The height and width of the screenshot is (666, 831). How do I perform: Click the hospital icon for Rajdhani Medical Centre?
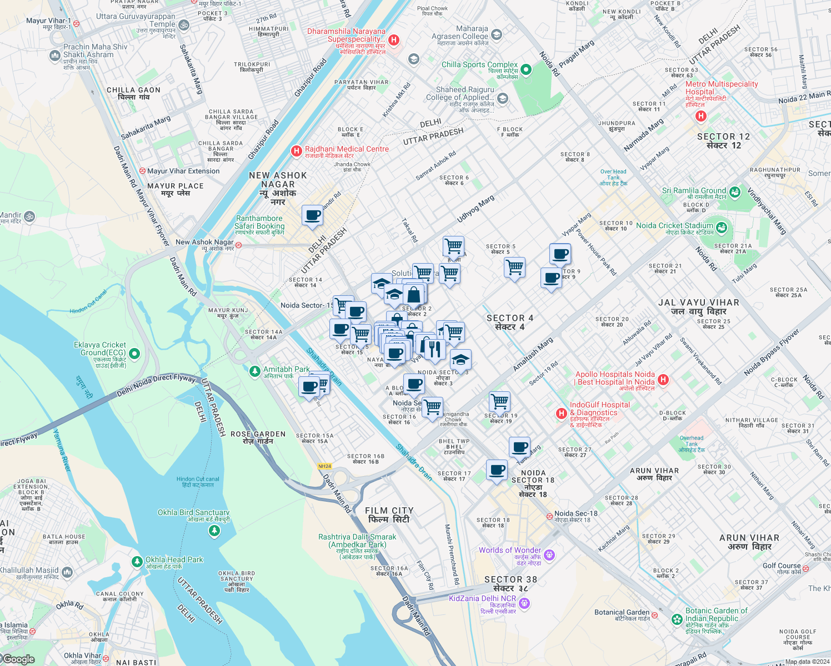[x=297, y=151]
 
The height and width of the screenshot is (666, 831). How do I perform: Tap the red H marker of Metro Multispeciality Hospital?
[x=701, y=116]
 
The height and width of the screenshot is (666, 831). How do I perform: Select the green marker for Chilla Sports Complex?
[x=525, y=70]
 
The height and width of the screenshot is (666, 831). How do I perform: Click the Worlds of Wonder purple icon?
[x=549, y=554]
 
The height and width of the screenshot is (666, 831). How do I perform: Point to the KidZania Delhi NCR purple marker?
[x=525, y=603]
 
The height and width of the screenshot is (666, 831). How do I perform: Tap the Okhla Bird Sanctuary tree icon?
[x=214, y=531]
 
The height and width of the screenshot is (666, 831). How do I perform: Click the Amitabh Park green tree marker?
[x=255, y=371]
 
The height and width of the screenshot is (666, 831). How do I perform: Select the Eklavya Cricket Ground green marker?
[x=134, y=354]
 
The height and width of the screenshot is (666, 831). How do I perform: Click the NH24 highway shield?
[x=325, y=466]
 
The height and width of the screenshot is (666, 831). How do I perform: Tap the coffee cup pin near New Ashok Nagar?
[x=312, y=215]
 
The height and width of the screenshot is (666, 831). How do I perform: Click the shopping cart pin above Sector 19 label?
[x=499, y=401]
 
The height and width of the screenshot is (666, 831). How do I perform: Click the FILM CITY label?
[x=389, y=515]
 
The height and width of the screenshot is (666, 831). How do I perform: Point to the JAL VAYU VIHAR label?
[x=698, y=307]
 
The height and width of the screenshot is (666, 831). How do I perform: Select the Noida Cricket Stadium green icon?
[x=721, y=228]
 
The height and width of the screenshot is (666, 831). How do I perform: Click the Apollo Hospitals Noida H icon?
[x=663, y=380]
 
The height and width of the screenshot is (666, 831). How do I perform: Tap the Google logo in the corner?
[x=18, y=659]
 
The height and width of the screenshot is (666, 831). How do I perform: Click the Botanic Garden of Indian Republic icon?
[x=677, y=619]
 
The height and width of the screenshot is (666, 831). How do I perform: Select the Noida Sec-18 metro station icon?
[x=549, y=516]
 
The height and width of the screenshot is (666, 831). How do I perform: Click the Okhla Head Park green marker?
[x=137, y=562]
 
